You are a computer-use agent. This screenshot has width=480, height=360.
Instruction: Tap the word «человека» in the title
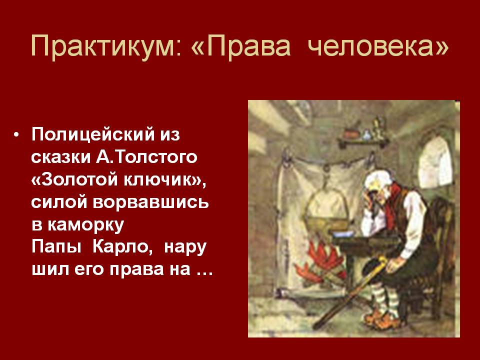click(x=374, y=46)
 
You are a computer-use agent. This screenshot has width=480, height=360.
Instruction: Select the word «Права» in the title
click(x=248, y=46)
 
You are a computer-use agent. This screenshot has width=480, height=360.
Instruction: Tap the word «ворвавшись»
click(x=150, y=202)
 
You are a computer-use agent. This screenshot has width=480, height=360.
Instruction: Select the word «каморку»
click(x=85, y=225)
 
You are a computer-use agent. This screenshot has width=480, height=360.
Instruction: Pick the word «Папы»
click(x=56, y=247)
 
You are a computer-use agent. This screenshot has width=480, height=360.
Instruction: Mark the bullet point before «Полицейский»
click(x=16, y=134)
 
